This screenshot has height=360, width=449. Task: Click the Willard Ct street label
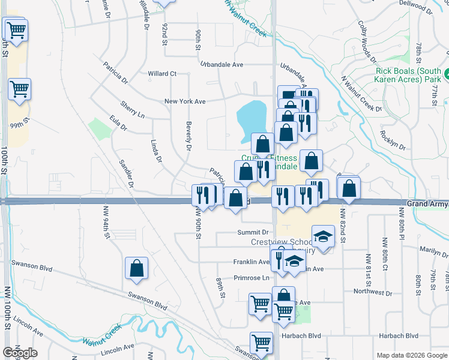(x=162, y=74)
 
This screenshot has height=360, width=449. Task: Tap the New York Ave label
(x=185, y=101)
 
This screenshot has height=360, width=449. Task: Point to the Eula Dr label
(x=118, y=124)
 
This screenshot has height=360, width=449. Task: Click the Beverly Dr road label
(x=188, y=138)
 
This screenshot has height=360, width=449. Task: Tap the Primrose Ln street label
(x=252, y=278)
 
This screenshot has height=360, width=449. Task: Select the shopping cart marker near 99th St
(x=20, y=89)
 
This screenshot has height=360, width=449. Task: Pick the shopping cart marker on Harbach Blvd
(x=262, y=343)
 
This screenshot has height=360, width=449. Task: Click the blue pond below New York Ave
(x=252, y=116)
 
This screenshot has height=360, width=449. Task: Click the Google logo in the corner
(x=20, y=353)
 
